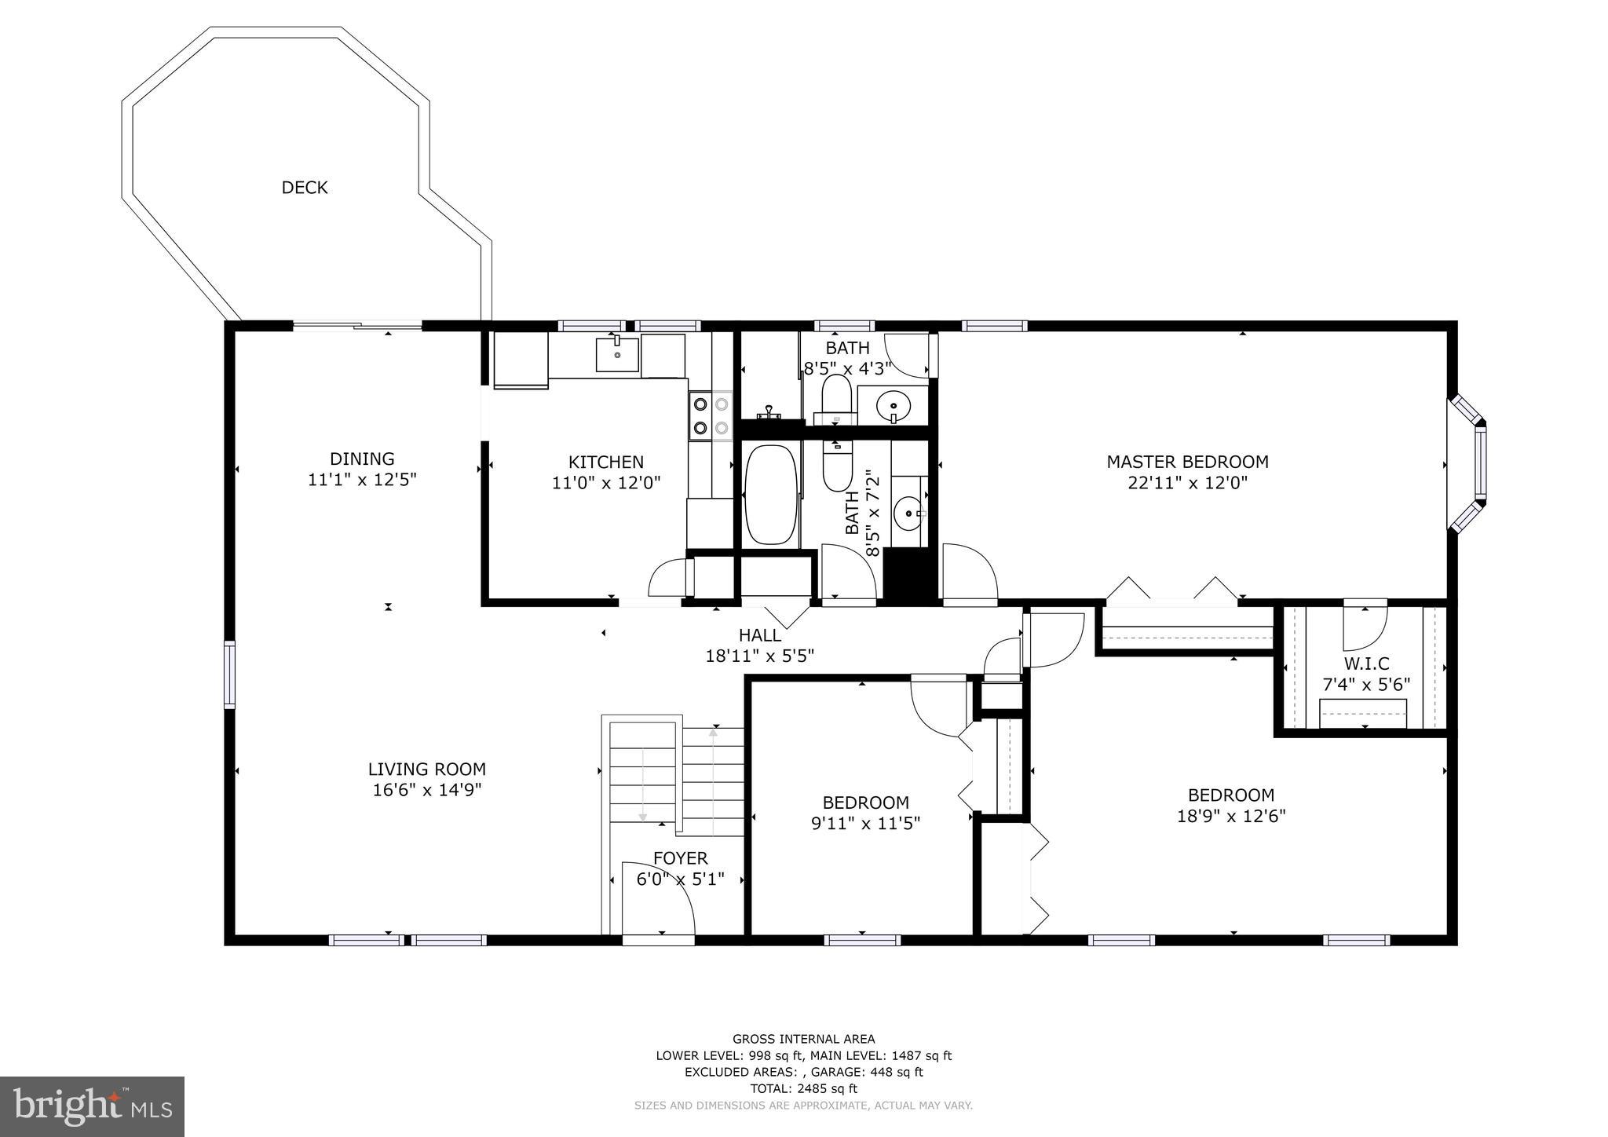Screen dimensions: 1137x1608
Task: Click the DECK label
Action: point(305,188)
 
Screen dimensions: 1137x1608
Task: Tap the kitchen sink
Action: point(617,354)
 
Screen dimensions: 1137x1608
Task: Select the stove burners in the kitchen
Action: point(710,415)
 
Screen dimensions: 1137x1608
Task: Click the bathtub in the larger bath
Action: point(770,494)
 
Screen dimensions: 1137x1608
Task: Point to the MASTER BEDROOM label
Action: point(1187,462)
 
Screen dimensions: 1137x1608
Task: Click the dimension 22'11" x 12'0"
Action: point(1187,483)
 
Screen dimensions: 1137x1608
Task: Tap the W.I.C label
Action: point(1366,664)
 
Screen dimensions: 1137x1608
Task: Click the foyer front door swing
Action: point(658,899)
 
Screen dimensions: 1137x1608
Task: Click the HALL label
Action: point(759,634)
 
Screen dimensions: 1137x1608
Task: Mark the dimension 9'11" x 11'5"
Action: point(865,823)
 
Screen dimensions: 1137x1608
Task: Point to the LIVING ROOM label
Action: point(427,770)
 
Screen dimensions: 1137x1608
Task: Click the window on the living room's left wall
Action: point(229,674)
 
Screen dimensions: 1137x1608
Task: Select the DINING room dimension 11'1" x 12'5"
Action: point(362,480)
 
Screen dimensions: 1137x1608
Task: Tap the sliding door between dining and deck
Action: point(357,325)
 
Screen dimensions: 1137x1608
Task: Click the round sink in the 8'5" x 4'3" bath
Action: point(894,406)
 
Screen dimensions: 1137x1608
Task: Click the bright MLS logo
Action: point(92,1106)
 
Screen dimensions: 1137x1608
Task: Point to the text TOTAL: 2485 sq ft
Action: point(803,1088)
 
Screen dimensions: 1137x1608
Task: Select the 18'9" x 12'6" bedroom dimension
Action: point(1230,816)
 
